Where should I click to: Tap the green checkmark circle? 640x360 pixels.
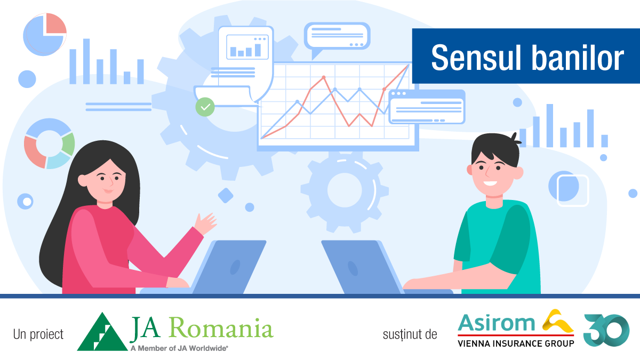pyautogui.click(x=205, y=107)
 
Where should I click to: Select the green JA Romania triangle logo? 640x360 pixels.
pyautogui.click(x=102, y=332)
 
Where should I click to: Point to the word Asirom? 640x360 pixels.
pyautogui.click(x=496, y=323)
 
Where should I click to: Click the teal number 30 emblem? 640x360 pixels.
pyautogui.click(x=606, y=330)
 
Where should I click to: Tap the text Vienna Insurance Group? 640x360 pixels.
pyautogui.click(x=516, y=343)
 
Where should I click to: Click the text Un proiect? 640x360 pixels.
pyautogui.click(x=38, y=334)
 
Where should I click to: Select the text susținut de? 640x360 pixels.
pyautogui.click(x=410, y=334)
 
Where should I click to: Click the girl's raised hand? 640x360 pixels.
pyautogui.click(x=205, y=223)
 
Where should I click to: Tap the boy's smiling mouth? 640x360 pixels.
pyautogui.click(x=490, y=183)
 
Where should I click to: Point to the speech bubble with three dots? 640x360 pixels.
pyautogui.click(x=337, y=37)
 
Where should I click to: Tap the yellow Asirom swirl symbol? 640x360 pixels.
pyautogui.click(x=558, y=322)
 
